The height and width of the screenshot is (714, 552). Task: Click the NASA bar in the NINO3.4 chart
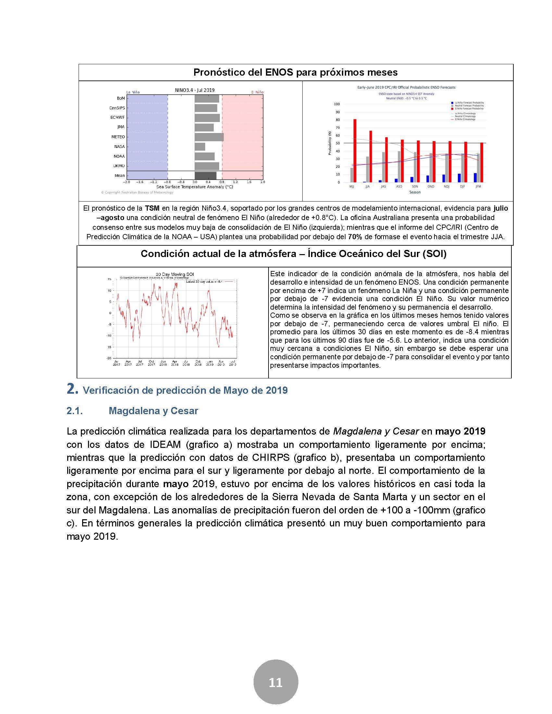coord(200,146)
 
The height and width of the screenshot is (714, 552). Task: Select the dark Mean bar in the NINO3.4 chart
coord(205,176)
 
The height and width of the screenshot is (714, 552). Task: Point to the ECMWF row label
coord(117,117)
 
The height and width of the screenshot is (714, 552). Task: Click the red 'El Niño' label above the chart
coord(257,92)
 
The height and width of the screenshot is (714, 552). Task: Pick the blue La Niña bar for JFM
coord(475,178)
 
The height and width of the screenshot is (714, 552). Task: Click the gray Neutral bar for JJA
coord(367,169)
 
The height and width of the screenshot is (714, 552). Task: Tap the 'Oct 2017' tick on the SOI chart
coord(151,363)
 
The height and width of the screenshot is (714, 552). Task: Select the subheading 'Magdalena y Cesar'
coord(153,411)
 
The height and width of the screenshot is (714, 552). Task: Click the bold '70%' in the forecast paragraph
coord(355,237)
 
